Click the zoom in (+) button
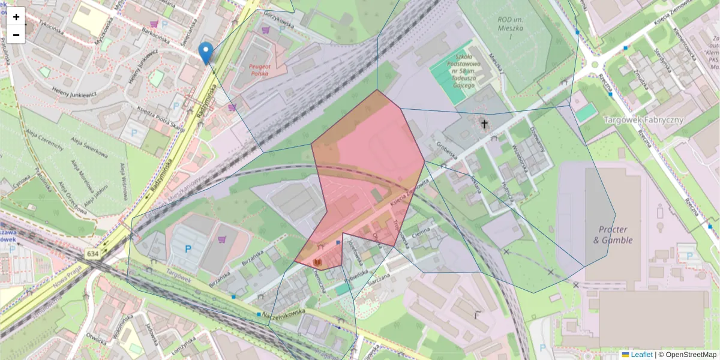pyautogui.click(x=16, y=17)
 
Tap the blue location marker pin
pyautogui.click(x=206, y=53)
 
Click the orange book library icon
pyautogui.click(x=317, y=263)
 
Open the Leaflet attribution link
pyautogui.click(x=641, y=355)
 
